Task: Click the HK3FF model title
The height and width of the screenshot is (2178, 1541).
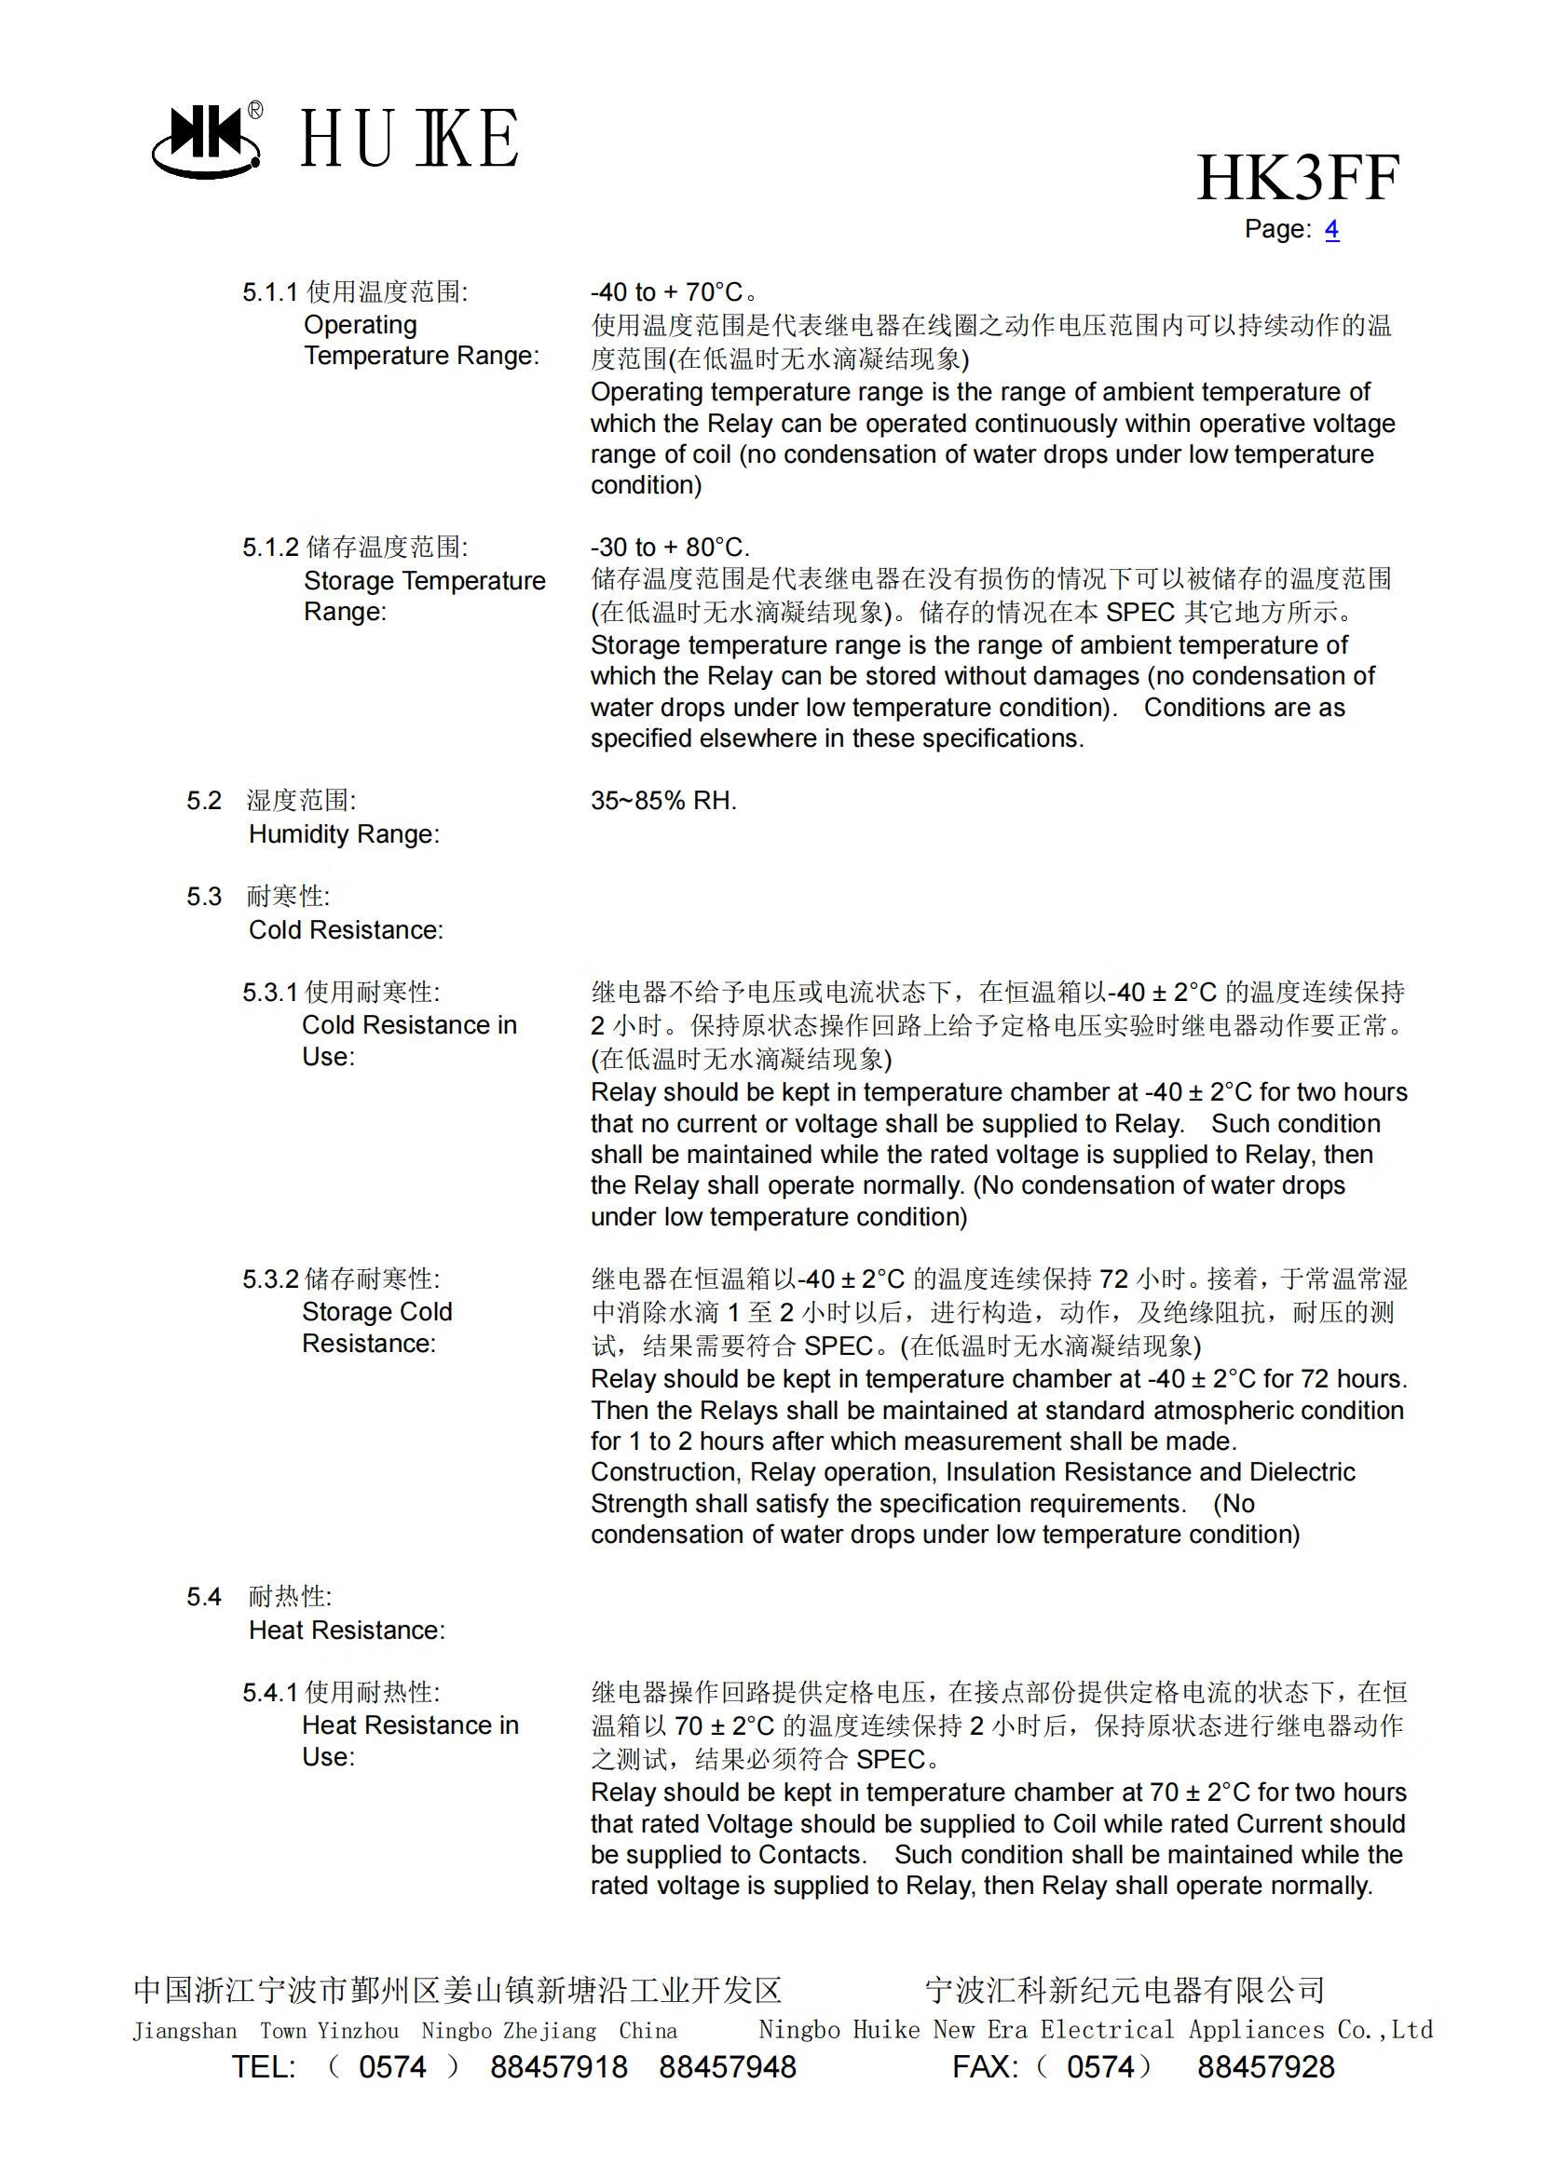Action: pos(1297,179)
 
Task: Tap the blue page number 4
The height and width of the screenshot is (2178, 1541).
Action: pos(1331,230)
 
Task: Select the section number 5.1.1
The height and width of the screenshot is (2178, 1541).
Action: pos(269,292)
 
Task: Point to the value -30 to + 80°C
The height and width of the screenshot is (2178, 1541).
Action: pos(670,548)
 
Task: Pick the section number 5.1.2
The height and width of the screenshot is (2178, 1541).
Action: pos(269,548)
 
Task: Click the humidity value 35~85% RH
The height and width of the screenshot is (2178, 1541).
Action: pos(663,801)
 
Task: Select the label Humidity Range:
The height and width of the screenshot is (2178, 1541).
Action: pos(344,833)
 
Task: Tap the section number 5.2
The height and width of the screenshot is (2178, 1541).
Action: pos(204,801)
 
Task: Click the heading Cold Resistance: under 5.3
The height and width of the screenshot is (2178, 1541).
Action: pos(346,929)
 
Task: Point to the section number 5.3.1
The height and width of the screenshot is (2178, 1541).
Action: pos(269,993)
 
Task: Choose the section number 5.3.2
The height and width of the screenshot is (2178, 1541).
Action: pos(269,1278)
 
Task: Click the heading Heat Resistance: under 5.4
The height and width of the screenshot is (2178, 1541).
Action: pos(347,1630)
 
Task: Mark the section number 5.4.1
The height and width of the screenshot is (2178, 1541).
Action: pos(269,1692)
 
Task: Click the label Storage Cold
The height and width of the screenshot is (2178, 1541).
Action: pos(376,1311)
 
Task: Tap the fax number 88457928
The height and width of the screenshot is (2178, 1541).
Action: pos(1265,2067)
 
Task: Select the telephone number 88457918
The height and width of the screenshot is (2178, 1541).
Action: pos(558,2067)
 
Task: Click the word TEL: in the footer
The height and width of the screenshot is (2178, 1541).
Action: pos(264,2067)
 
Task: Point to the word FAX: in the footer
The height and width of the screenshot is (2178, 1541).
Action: pos(985,2067)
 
